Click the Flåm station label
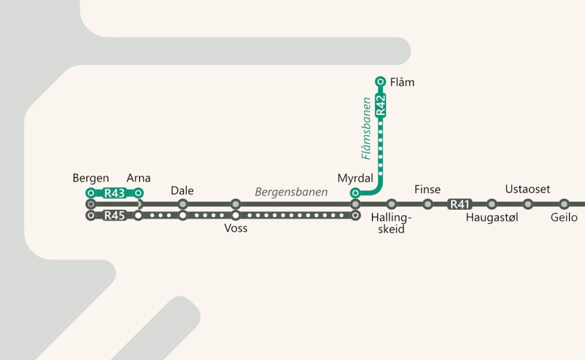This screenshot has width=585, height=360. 402,82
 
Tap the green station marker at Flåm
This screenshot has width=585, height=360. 380,82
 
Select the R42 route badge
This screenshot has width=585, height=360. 381,105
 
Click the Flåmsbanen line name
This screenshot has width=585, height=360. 367,129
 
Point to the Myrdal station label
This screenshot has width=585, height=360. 355,178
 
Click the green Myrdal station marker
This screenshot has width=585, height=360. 355,193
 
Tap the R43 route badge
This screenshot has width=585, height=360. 115,193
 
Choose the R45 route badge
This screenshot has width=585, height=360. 115,216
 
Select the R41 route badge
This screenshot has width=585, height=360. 460,204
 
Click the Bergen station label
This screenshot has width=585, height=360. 91,178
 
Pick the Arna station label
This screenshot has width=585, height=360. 139,178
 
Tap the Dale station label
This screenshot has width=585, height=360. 182,190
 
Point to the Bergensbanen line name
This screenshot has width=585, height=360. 291,192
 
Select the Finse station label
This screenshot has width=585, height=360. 427,190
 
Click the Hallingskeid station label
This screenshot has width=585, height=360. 391,223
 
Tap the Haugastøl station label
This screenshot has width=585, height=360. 492,218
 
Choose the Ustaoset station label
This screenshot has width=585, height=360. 528,189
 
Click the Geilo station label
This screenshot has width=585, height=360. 564,218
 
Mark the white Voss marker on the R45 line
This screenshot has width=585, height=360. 236,216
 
